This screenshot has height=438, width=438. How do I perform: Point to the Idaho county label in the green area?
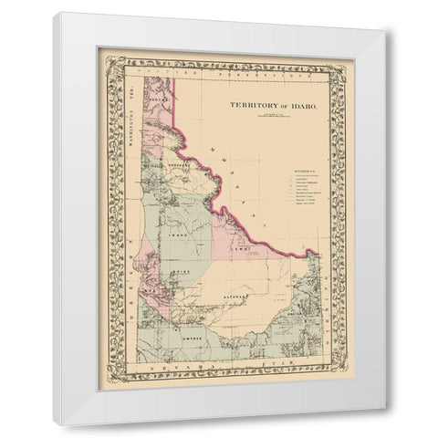click(179, 234)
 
